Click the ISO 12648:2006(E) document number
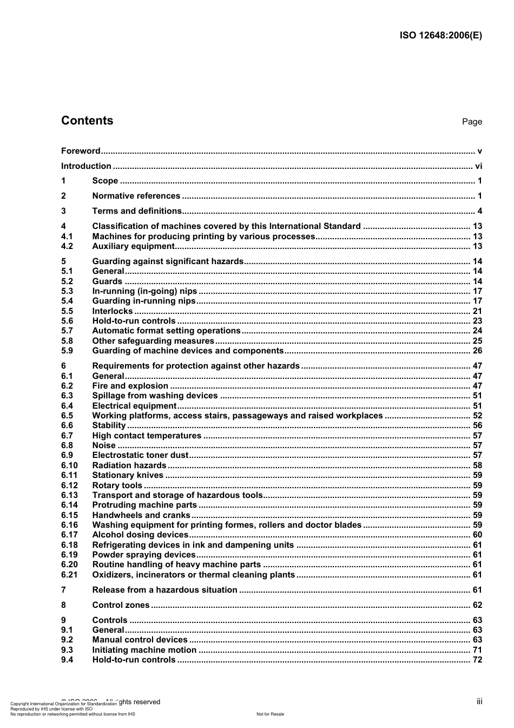click(x=440, y=36)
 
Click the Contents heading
click(x=87, y=121)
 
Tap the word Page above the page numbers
click(x=472, y=122)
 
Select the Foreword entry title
click(x=81, y=151)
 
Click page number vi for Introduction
click(x=478, y=166)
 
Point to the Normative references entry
click(x=136, y=196)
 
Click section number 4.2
click(x=67, y=246)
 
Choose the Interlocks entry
click(x=112, y=311)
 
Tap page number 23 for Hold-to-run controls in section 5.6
click(x=477, y=321)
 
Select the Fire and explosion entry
click(x=130, y=386)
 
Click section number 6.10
click(x=69, y=465)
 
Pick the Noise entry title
click(x=104, y=445)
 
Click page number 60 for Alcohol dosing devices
click(x=477, y=535)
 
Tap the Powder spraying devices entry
click(x=143, y=555)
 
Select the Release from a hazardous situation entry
click(x=164, y=590)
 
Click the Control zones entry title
click(x=121, y=605)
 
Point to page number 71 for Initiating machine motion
click(x=477, y=650)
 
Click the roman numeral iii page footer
click(x=479, y=701)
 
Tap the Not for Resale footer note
click(x=270, y=714)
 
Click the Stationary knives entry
click(x=128, y=475)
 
